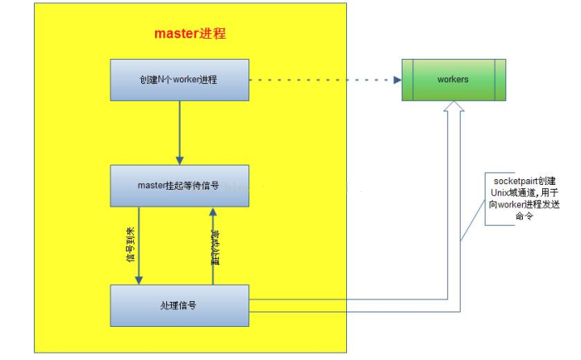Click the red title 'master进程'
[190, 35]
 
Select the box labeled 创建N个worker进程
[178, 80]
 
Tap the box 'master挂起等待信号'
[178, 185]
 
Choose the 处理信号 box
[178, 306]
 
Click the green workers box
[453, 80]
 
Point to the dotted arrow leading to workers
[323, 80]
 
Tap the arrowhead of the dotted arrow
[396, 80]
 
